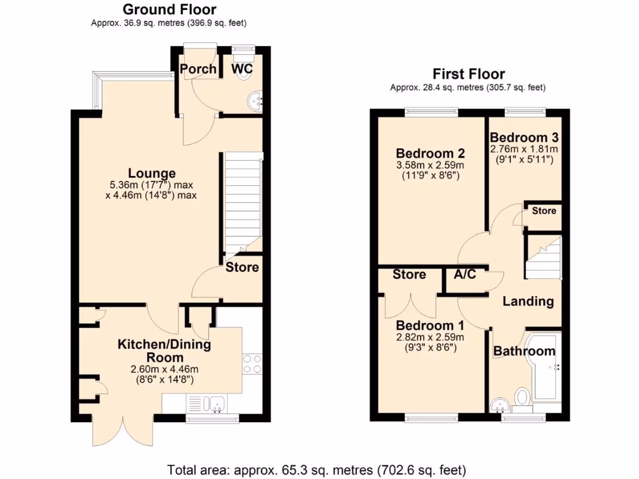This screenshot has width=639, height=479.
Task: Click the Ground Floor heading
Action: pos(169,9)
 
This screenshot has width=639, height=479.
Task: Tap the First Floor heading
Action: pos(469,74)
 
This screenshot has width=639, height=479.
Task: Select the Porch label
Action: pos(198,69)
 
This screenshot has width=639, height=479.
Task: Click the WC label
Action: pos(242,69)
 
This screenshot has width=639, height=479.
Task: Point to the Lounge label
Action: pos(152,173)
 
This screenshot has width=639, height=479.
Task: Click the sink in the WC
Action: pos(254,99)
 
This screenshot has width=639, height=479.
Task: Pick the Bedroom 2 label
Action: pos(431,153)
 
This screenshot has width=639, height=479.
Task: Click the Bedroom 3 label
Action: pos(524,138)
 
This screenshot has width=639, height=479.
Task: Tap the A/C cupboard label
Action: pos(465,274)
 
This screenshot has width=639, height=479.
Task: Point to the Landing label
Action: pos(528,301)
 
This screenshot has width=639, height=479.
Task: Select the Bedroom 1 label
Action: pos(430,326)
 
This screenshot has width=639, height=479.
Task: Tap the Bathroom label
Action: pos(524,351)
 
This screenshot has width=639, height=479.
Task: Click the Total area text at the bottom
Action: pos(316,468)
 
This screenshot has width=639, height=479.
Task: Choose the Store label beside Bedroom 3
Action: pos(544,211)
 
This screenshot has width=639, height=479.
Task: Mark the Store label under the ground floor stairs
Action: pos(242,268)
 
